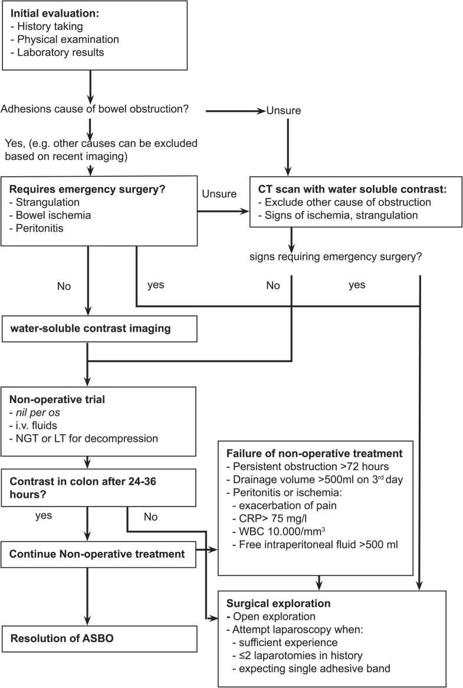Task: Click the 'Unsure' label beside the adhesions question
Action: point(285,110)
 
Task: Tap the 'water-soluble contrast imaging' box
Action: point(90,328)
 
